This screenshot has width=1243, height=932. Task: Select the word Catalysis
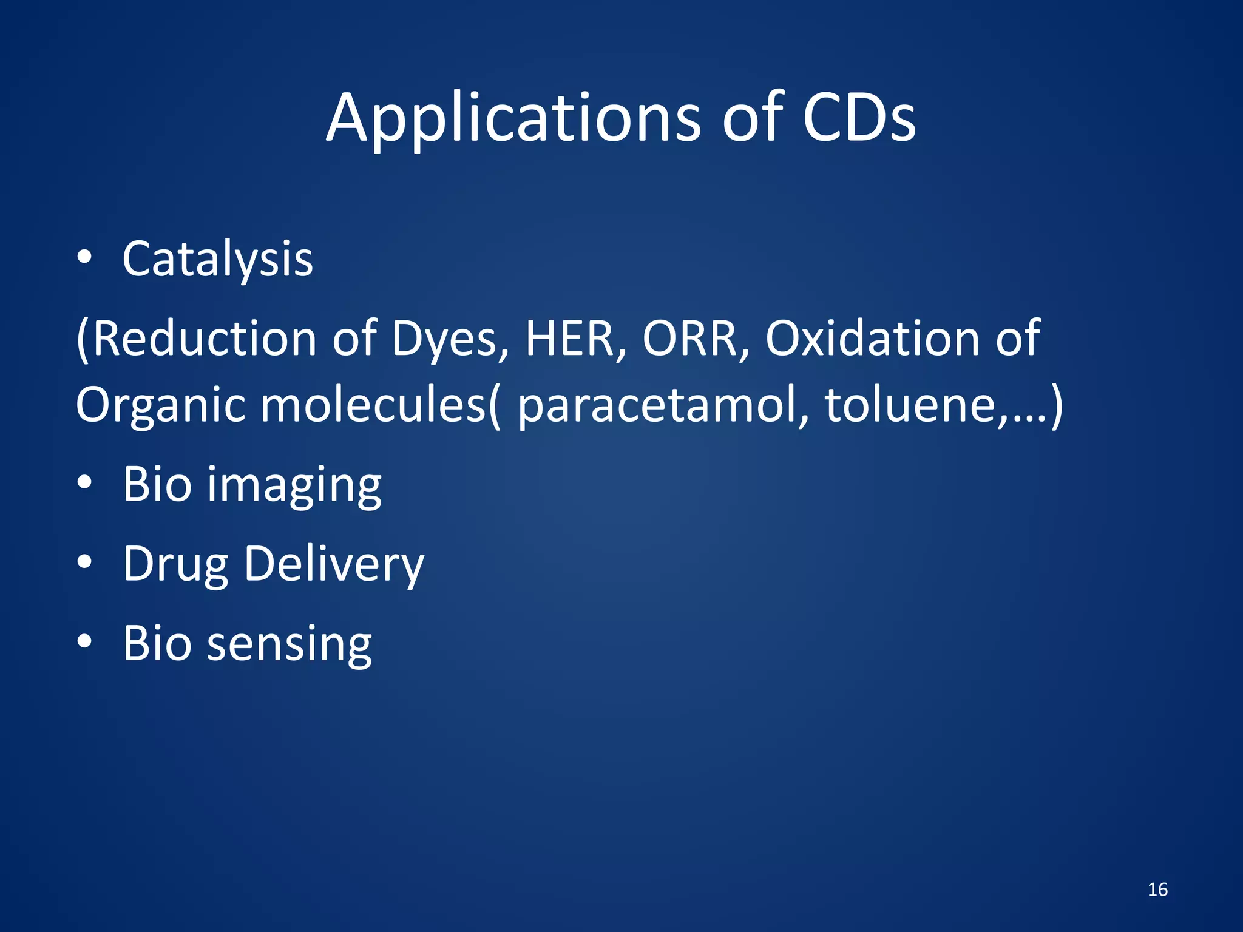tap(217, 260)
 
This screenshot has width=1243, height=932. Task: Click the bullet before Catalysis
tap(84, 258)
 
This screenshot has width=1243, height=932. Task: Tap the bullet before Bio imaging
tap(84, 483)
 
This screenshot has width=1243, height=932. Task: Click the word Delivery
tap(334, 564)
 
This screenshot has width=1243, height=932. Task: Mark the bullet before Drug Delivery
tap(84, 562)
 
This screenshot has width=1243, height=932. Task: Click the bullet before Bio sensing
tap(84, 641)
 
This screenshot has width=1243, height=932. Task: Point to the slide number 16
tap(1157, 890)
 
